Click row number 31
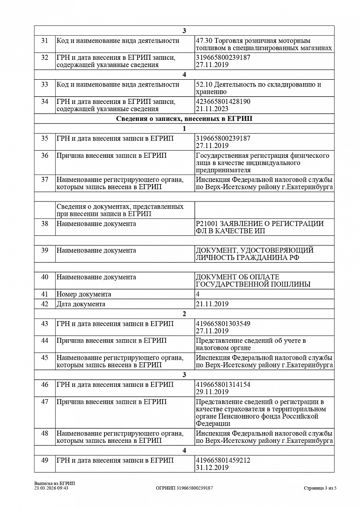coord(45,41)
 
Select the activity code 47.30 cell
coord(263,45)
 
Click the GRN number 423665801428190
coord(223,102)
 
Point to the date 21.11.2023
coord(212,109)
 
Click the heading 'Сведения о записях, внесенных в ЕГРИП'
coord(184,119)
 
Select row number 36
coord(45,156)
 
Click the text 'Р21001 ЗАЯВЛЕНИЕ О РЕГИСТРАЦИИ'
coord(259,224)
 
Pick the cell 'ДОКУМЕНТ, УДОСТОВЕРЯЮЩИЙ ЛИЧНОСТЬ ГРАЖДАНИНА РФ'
coord(254,254)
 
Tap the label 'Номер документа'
coord(84,294)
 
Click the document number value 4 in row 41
coord(198,294)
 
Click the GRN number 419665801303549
coord(223,324)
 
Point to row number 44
coord(45,341)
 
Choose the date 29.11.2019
coord(212,392)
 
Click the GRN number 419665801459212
coord(223,460)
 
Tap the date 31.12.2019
coord(212,467)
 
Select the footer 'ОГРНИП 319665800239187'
coord(184,488)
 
